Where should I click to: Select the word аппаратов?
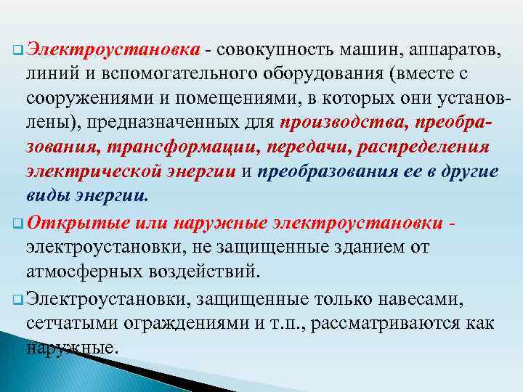(447, 50)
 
